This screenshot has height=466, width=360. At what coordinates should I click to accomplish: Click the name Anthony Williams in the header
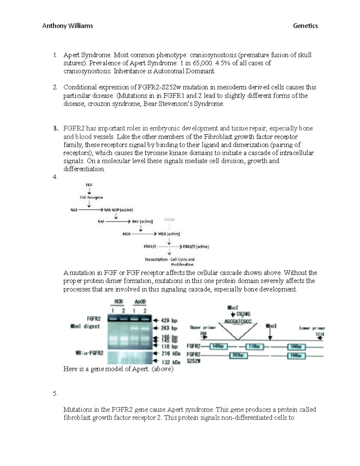67,26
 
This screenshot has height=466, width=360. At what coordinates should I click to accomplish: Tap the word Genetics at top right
305,26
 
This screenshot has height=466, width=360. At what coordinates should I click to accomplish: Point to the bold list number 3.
55,128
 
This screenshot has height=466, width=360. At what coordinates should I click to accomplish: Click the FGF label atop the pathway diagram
89,185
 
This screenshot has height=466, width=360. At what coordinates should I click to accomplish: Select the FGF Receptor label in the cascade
91,197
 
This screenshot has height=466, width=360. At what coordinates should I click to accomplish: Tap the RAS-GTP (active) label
118,210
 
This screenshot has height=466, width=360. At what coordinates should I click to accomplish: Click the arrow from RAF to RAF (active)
118,221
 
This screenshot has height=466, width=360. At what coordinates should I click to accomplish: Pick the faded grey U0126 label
169,220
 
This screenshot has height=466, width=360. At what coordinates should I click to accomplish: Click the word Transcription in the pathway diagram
156,259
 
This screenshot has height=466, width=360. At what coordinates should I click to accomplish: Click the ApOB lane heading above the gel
140,302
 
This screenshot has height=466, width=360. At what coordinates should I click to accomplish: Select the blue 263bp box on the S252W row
238,356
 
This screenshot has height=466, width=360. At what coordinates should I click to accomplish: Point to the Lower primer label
312,328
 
